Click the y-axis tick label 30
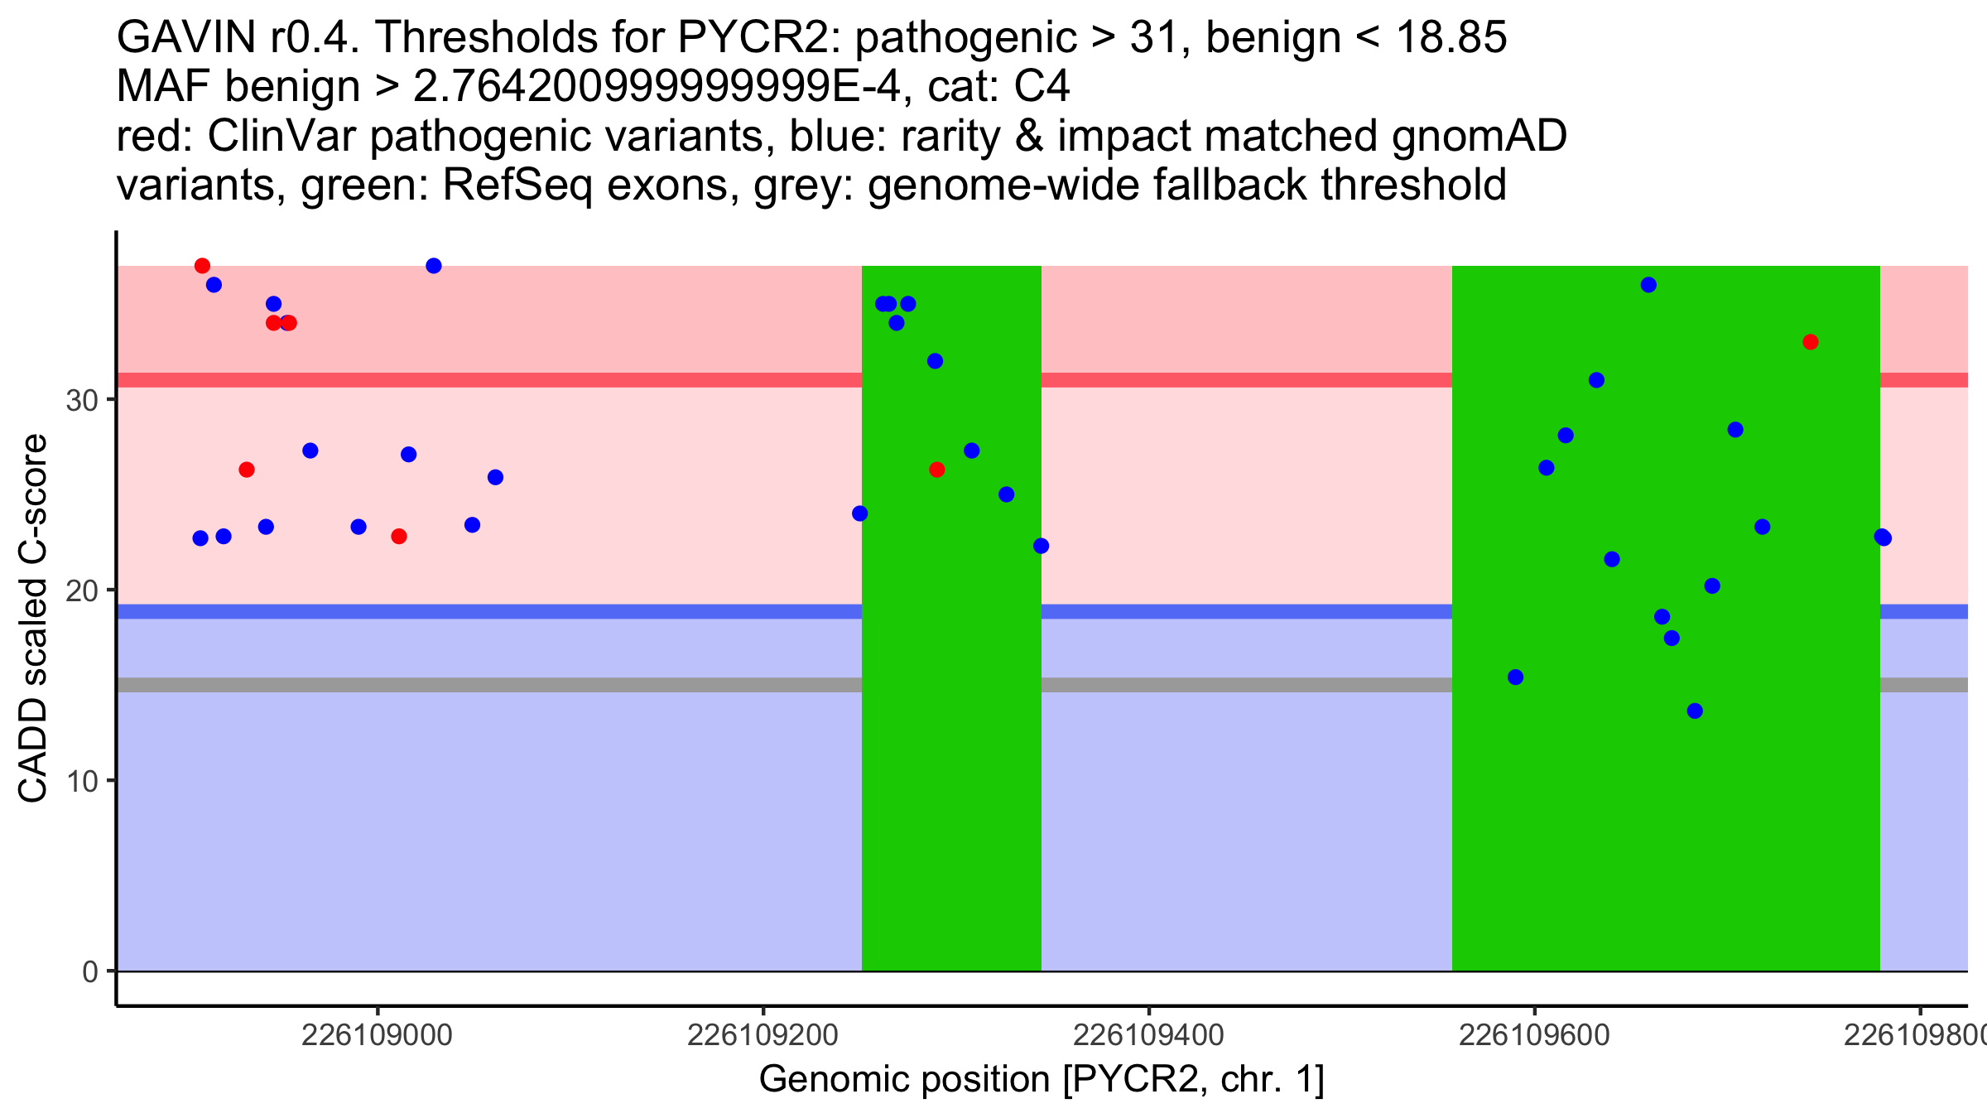(81, 401)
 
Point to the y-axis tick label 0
(90, 972)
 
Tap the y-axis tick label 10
(81, 782)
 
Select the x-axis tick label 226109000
(378, 1035)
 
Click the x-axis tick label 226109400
(1148, 1035)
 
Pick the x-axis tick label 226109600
(1534, 1035)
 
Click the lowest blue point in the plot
(1695, 711)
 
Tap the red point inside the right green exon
(1811, 342)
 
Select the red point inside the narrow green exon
(936, 470)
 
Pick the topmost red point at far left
(202, 266)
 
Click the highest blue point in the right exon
(1648, 285)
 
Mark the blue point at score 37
(434, 266)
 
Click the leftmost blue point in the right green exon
(1515, 677)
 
